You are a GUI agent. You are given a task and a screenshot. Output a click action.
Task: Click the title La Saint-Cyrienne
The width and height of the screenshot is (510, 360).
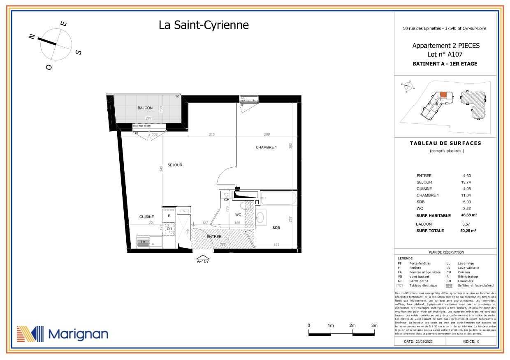point(204,25)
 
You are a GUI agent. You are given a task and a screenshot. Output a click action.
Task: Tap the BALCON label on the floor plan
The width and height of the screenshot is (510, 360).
point(145,108)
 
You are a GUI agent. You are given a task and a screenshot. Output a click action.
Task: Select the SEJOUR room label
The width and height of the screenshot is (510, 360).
point(175,165)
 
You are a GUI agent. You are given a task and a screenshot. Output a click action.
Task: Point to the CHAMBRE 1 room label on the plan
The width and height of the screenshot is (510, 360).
point(266,147)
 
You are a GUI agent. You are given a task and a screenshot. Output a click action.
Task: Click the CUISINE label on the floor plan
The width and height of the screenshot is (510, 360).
point(146,217)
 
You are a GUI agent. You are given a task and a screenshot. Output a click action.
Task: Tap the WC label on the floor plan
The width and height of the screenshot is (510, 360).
point(238,215)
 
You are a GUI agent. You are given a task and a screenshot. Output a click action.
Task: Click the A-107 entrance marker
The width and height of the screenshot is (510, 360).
point(203,261)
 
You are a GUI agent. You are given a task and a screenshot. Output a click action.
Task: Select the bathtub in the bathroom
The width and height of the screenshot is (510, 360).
point(278,198)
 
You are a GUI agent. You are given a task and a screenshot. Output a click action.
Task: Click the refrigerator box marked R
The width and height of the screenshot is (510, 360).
point(169,215)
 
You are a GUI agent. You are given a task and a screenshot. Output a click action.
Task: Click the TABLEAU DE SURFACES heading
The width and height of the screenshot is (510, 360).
point(445,143)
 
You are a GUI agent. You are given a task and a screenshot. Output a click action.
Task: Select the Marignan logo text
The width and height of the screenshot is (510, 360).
point(78,334)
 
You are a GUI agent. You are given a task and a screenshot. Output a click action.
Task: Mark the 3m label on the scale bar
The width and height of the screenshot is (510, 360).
point(374,325)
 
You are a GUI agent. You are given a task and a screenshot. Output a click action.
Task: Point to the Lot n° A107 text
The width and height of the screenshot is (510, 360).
point(445,54)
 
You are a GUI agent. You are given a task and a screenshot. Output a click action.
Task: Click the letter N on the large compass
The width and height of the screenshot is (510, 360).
point(31,36)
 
